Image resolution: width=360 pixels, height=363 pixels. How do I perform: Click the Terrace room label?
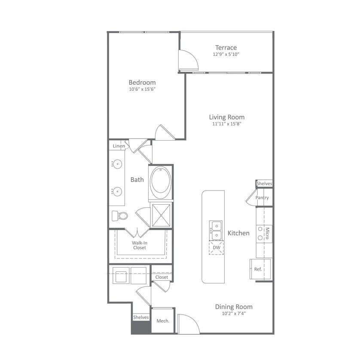[x=226, y=47]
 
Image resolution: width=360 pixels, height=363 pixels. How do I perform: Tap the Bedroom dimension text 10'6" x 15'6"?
[x=142, y=89]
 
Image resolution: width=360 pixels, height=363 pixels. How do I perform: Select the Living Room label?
[x=227, y=117]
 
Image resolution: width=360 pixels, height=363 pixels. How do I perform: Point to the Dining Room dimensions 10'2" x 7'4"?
[x=234, y=314]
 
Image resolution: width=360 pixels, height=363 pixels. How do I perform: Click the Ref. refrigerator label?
[x=258, y=269]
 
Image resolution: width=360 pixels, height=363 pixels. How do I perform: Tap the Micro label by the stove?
[x=267, y=233]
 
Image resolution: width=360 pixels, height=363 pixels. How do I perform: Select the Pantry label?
[x=262, y=198]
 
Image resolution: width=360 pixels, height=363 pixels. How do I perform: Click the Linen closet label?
[x=119, y=146]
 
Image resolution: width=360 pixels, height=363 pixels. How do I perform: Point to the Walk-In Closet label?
[x=139, y=245]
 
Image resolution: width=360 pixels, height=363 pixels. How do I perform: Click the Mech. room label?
[x=162, y=321]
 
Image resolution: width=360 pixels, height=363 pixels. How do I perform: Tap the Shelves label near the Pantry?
[x=264, y=184]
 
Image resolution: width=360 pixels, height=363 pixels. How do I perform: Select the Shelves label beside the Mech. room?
[x=140, y=317]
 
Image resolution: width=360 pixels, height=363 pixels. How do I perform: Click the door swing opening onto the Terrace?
[x=188, y=61]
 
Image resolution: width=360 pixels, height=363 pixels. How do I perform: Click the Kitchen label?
[x=238, y=233]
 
